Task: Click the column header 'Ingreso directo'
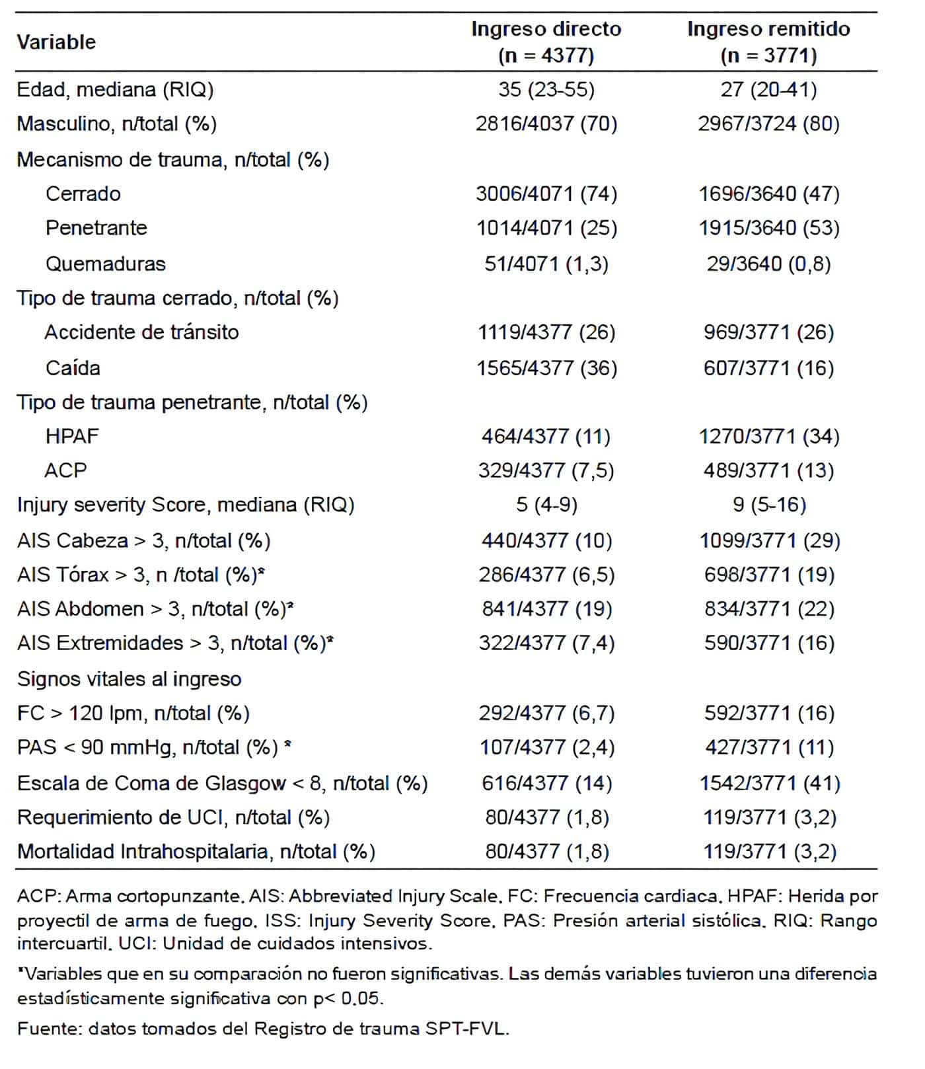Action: tap(546, 30)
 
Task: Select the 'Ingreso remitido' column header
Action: tap(768, 30)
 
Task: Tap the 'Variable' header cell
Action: tap(56, 42)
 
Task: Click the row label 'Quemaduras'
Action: tap(106, 264)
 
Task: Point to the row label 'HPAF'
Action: tap(72, 436)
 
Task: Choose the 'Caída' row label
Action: tap(73, 367)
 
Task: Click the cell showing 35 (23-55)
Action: tap(546, 89)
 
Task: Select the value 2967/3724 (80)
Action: tap(768, 124)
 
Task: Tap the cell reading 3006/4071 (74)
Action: tap(546, 194)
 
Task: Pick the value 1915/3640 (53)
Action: tap(769, 228)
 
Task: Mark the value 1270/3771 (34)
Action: tap(769, 436)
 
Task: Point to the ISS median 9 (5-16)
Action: tap(769, 505)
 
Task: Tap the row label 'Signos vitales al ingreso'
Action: tap(129, 679)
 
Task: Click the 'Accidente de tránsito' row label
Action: tap(141, 332)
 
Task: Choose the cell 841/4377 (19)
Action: tap(546, 608)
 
